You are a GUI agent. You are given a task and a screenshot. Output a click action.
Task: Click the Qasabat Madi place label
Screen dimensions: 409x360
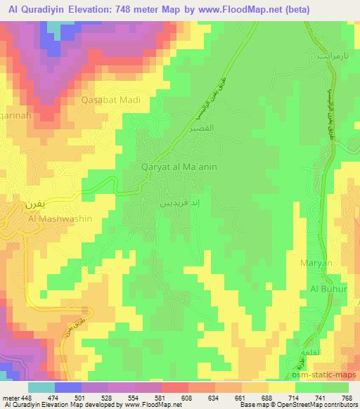(x=110, y=100)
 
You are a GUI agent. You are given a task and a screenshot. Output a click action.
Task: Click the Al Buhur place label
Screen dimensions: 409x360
(x=326, y=289)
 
